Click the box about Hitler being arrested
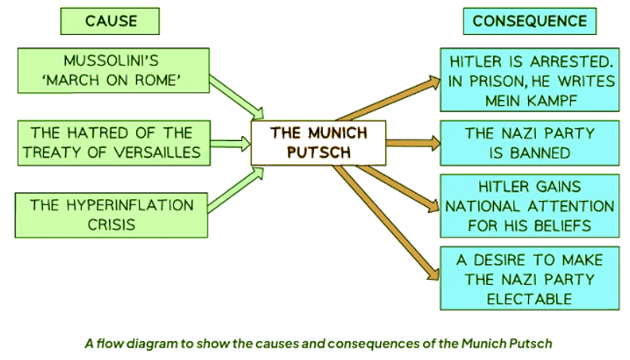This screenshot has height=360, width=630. tap(520, 80)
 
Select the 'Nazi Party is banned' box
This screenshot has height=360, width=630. tap(520, 143)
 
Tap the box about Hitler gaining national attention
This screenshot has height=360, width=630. tap(520, 206)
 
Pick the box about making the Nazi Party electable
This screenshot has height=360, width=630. tap(520, 278)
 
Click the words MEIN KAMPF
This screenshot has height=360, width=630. tap(520, 100)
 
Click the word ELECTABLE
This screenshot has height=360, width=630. tap(520, 297)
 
